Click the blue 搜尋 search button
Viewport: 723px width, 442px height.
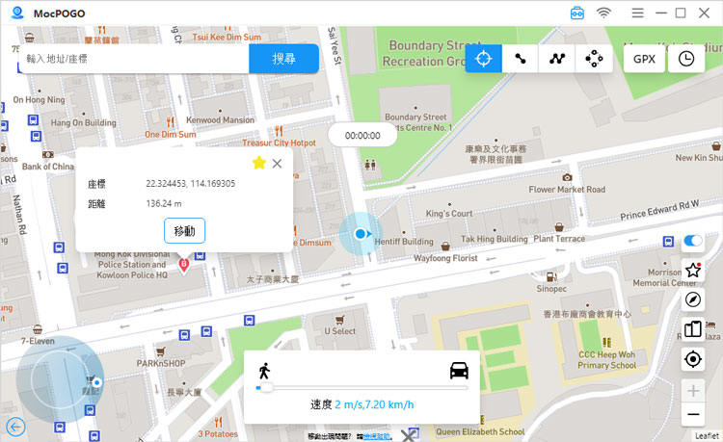coord(283,59)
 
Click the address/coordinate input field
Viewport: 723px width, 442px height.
coord(133,59)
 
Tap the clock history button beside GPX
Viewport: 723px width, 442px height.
coord(685,59)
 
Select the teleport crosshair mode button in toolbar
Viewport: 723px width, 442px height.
coord(483,59)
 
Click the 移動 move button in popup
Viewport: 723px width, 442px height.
coord(184,231)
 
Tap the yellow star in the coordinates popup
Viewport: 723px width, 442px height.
coord(258,164)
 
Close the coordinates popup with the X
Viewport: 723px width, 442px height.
coord(278,164)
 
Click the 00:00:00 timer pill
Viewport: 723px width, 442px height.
coord(362,136)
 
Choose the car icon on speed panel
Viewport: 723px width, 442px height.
coord(459,371)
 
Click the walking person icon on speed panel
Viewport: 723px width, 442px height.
coord(264,371)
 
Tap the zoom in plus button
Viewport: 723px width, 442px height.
coord(692,390)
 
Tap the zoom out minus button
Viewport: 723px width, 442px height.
coord(692,415)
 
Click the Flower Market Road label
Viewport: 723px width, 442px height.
coord(567,190)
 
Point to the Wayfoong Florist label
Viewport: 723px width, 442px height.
coord(445,259)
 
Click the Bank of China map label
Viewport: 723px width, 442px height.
coord(47,167)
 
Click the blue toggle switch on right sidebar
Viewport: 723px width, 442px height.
coord(692,241)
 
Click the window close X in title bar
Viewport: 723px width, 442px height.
coord(705,13)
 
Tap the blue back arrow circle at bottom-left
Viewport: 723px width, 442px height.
coord(15,427)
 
